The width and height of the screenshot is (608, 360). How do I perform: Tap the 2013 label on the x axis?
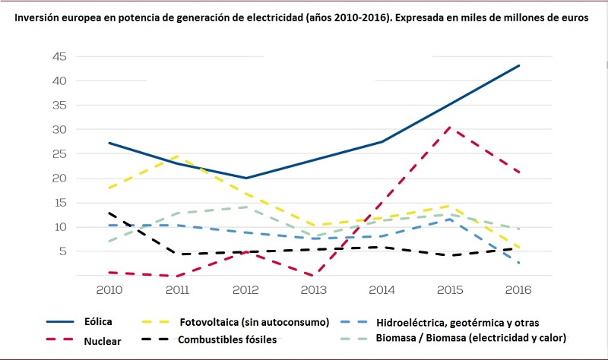(313, 290)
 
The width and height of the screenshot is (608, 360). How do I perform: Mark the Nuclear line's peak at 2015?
(451, 127)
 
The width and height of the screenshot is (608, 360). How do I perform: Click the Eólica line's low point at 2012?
(245, 178)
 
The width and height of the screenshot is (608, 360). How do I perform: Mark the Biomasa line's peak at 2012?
(245, 207)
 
